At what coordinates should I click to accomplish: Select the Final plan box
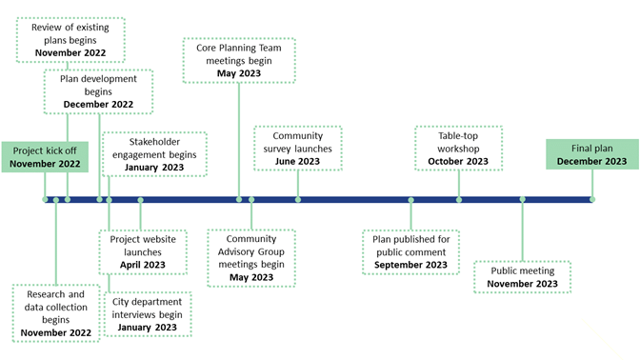[592, 154]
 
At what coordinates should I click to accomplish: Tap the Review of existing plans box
[67, 40]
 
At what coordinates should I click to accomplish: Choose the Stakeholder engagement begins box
[154, 154]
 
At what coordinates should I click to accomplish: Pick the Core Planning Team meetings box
[239, 61]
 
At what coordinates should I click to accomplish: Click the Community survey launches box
[297, 148]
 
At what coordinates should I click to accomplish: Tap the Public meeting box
[521, 277]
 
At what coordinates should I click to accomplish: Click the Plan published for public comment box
[410, 251]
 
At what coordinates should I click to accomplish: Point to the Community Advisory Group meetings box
[251, 257]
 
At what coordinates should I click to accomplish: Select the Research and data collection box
[56, 313]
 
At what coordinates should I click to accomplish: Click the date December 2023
[592, 162]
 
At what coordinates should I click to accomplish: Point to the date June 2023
[297, 161]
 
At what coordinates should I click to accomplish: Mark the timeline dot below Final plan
[592, 199]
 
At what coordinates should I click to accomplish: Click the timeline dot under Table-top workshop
[459, 199]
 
